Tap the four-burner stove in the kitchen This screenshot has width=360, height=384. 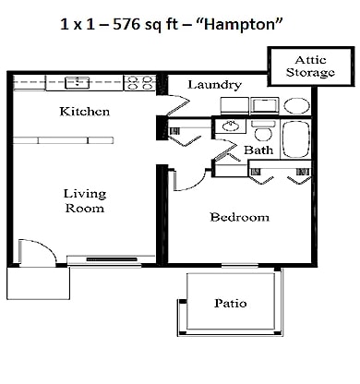(139, 83)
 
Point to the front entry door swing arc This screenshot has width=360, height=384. (34, 250)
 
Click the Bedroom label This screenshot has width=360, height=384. (239, 218)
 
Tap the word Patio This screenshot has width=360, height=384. (230, 303)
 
